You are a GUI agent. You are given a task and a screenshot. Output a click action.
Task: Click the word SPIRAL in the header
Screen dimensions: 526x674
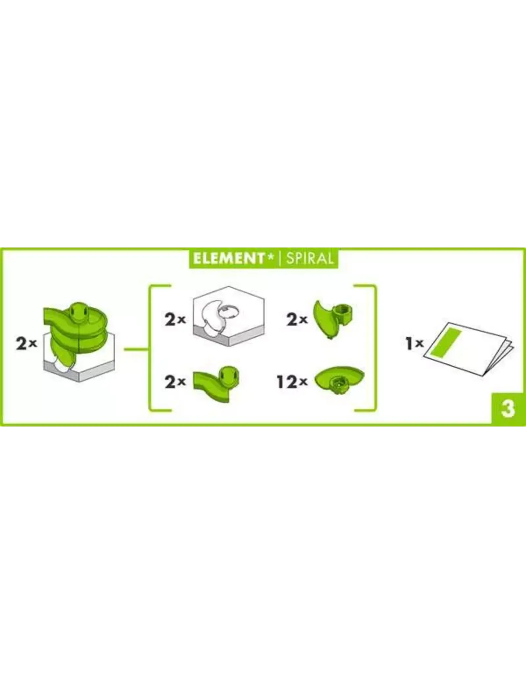tap(310, 259)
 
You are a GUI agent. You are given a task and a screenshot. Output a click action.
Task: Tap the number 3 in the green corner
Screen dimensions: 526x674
tap(508, 409)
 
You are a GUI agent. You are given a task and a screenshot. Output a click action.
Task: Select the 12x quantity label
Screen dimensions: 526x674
tap(292, 382)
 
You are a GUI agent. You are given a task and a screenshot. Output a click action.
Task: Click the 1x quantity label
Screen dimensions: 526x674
tap(415, 344)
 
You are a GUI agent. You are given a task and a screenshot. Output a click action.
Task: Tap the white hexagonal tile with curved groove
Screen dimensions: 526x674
tap(229, 316)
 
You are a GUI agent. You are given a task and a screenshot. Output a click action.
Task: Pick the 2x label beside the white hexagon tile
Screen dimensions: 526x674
tap(175, 319)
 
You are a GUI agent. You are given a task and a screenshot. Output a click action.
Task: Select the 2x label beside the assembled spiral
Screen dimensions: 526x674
tap(26, 344)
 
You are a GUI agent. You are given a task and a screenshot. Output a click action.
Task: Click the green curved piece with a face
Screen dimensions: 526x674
tap(216, 384)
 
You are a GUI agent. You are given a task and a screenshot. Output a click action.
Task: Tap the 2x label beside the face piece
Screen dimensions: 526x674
tap(175, 382)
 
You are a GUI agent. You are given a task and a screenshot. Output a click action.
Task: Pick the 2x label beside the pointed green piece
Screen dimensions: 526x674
tap(297, 319)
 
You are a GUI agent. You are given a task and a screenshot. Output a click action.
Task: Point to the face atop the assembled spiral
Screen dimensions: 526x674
tap(79, 309)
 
